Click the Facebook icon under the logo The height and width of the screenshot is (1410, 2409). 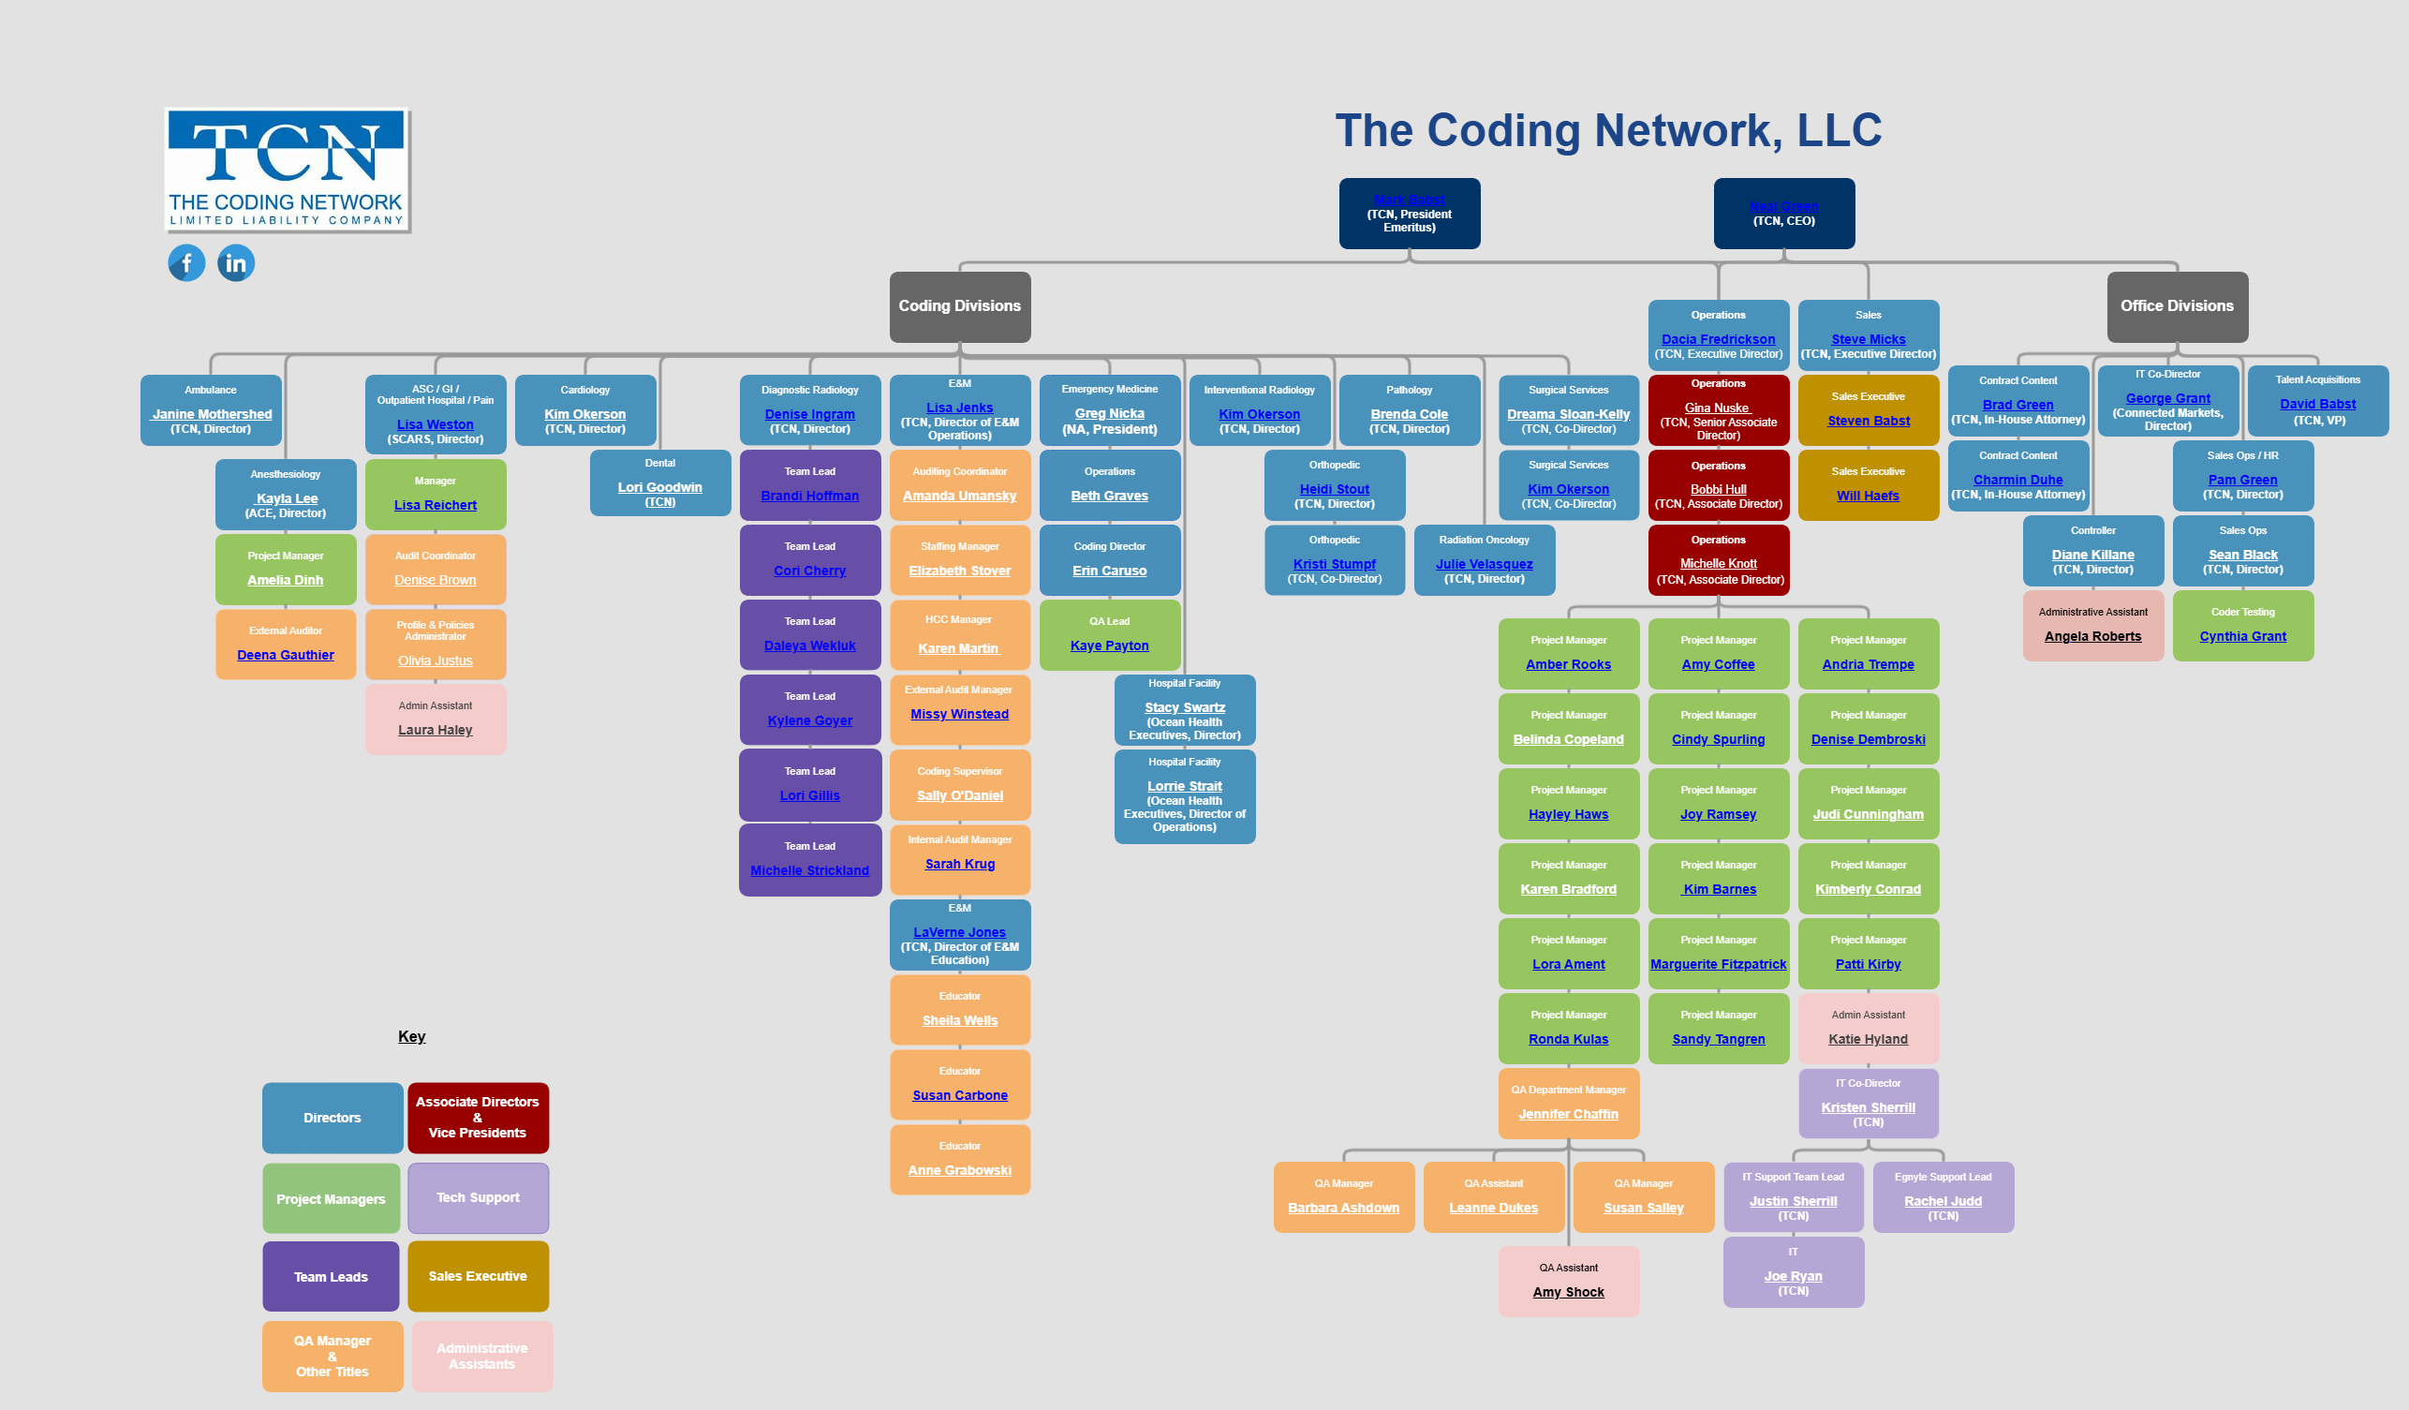pyautogui.click(x=186, y=263)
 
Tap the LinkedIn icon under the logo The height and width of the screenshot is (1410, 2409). pyautogui.click(x=236, y=263)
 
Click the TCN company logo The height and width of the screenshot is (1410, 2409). pyautogui.click(x=287, y=171)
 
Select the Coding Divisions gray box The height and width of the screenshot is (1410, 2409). pyautogui.click(x=960, y=306)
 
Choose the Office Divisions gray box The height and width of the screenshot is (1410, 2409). pyautogui.click(x=2177, y=306)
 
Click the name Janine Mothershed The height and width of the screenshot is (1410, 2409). pyautogui.click(x=213, y=414)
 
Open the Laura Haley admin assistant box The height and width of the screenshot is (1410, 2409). pyautogui.click(x=435, y=719)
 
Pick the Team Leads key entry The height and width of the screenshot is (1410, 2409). pyautogui.click(x=331, y=1276)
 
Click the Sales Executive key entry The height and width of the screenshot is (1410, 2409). pyautogui.click(x=478, y=1275)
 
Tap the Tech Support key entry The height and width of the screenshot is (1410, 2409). pyautogui.click(x=478, y=1196)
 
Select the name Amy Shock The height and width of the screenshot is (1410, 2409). pyautogui.click(x=1568, y=1291)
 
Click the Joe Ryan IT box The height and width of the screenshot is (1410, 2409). pyautogui.click(x=1793, y=1271)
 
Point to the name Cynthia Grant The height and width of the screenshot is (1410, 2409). pyautogui.click(x=2241, y=636)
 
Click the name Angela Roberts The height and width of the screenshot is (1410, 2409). pyautogui.click(x=2092, y=636)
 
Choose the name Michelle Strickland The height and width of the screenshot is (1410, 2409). pyautogui.click(x=809, y=870)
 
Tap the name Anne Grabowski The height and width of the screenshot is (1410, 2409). pyautogui.click(x=959, y=1170)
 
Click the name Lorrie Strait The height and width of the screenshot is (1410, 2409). pyautogui.click(x=1185, y=786)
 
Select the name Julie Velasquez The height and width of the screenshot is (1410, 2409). pyautogui.click(x=1484, y=564)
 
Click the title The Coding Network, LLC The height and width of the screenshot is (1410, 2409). pyautogui.click(x=1608, y=130)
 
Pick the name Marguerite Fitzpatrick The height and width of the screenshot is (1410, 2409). pyautogui.click(x=1718, y=964)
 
